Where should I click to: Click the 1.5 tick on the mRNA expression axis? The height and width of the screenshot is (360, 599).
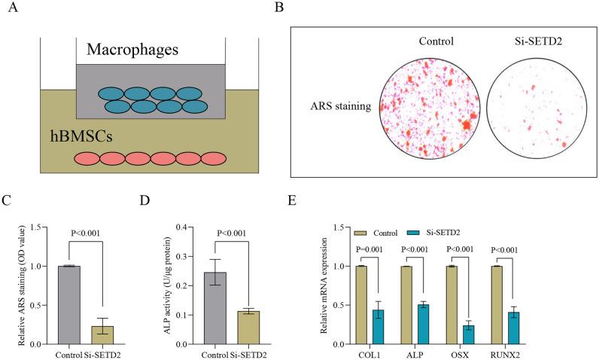348,227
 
